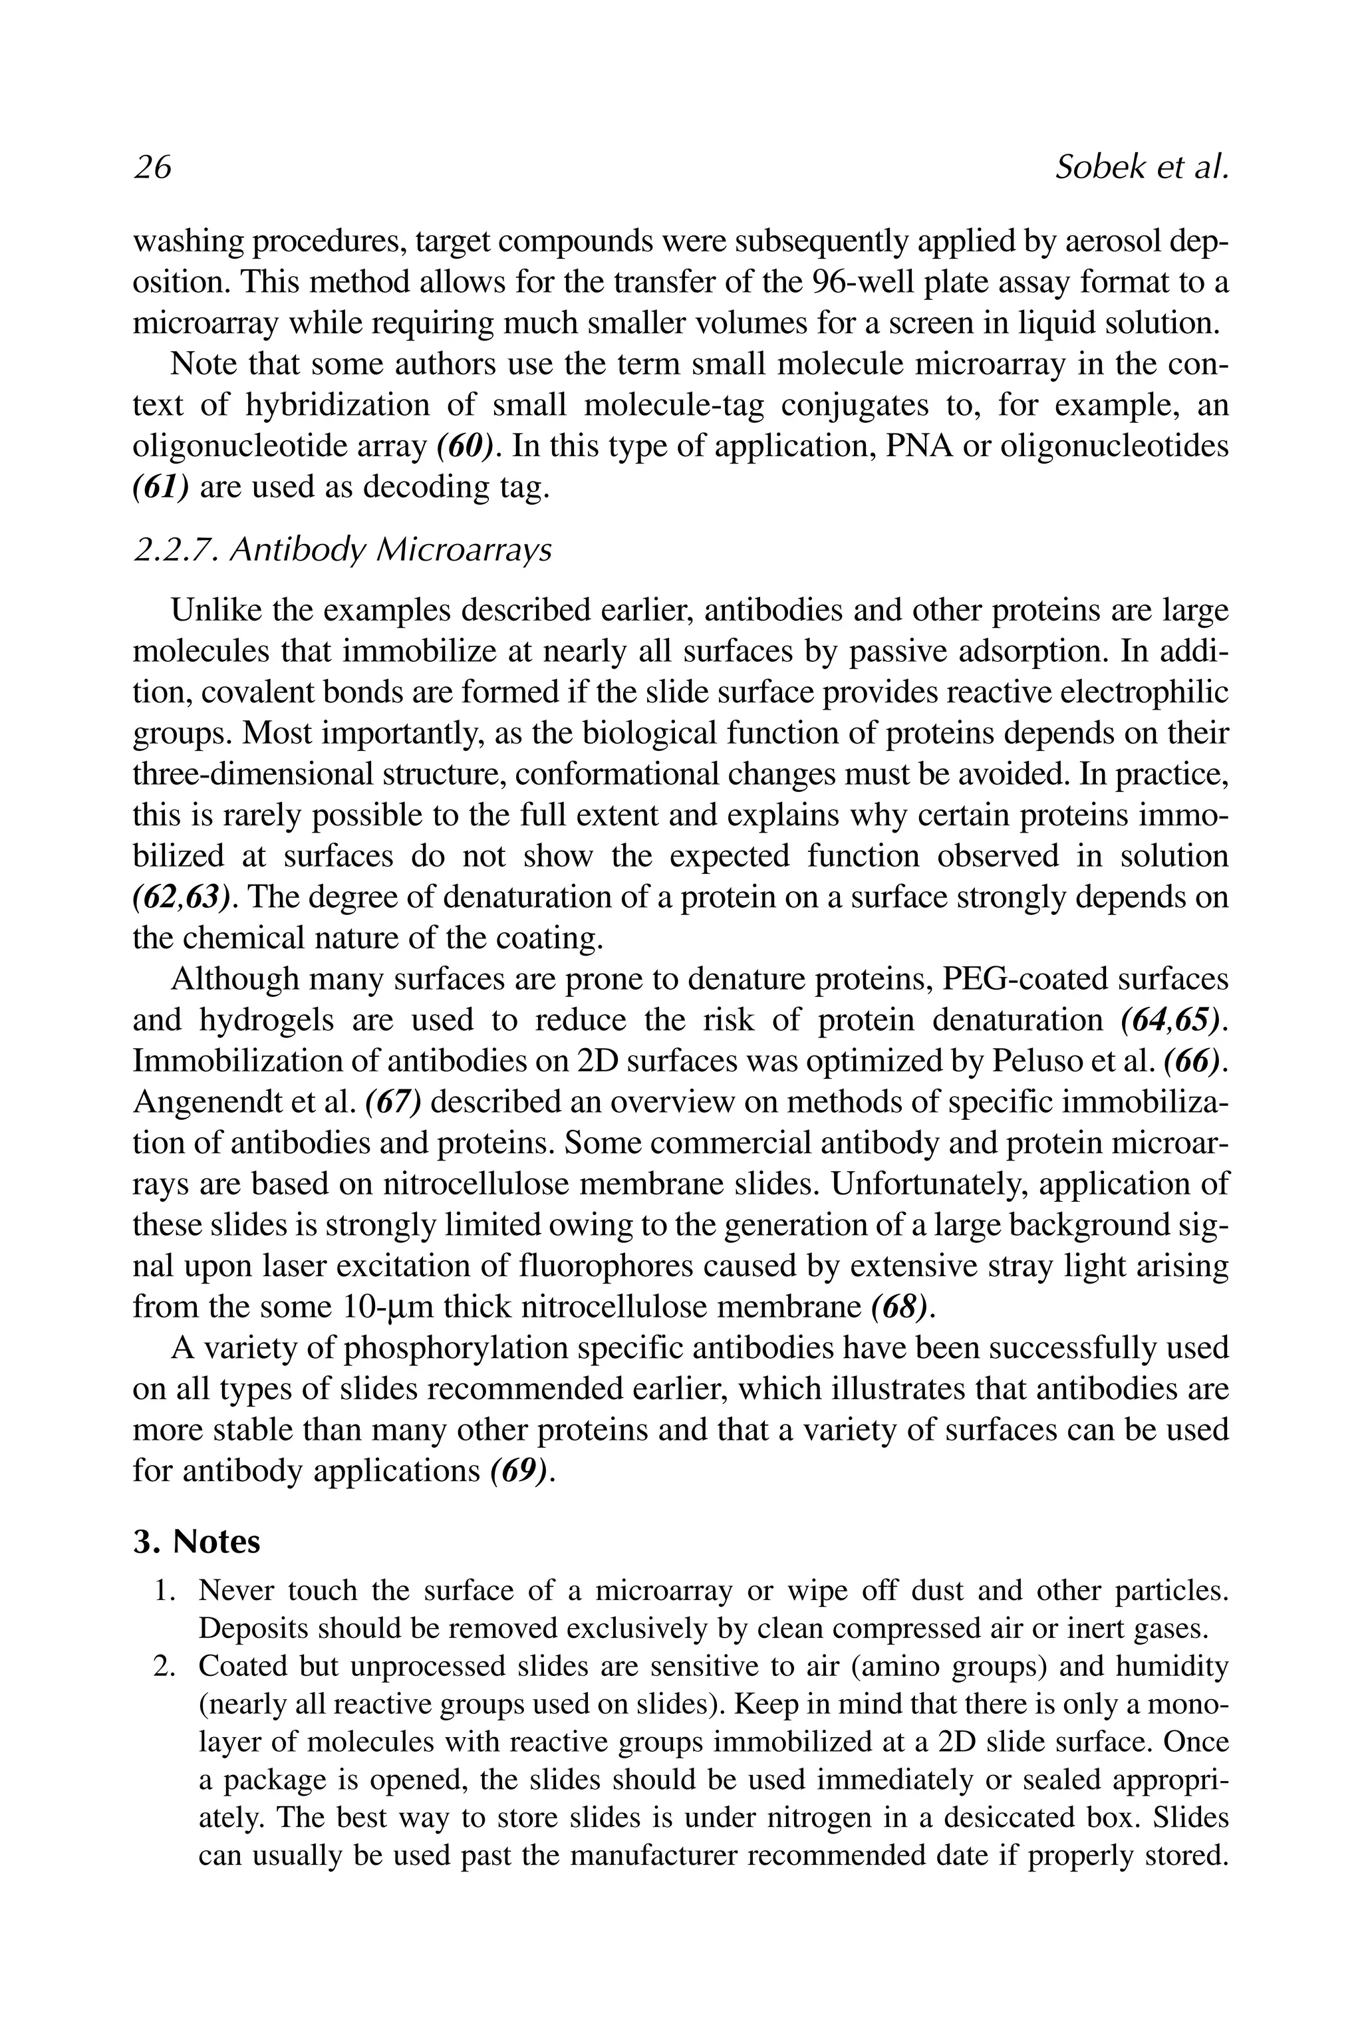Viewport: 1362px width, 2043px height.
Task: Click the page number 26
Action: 153,167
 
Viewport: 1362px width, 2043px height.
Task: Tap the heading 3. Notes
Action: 196,1542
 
